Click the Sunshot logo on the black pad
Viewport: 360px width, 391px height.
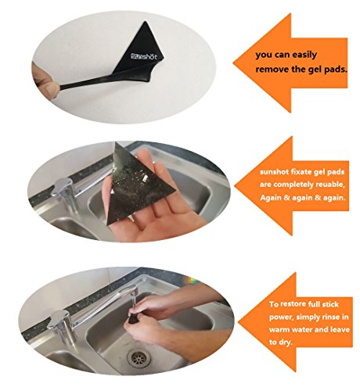(144, 56)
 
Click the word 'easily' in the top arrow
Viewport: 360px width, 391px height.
(304, 55)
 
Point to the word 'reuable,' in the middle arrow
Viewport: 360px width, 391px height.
(330, 185)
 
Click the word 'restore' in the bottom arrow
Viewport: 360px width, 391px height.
(293, 304)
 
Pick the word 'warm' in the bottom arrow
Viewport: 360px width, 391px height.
(279, 329)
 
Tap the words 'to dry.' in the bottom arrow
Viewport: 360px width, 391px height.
(281, 342)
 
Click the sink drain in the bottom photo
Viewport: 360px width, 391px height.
(139, 358)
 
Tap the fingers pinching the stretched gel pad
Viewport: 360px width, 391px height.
(45, 81)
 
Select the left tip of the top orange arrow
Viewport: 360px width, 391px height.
(233, 63)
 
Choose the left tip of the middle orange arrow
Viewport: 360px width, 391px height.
(235, 186)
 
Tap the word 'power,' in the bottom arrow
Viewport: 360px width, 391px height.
(281, 317)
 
